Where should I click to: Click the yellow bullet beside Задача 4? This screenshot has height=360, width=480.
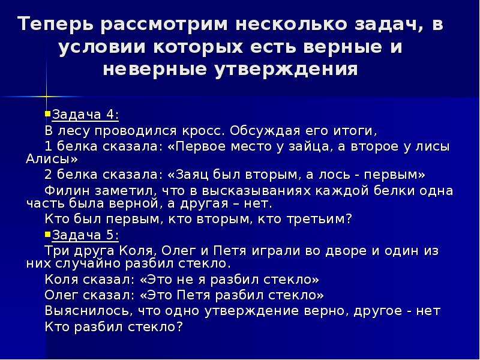coord(47,114)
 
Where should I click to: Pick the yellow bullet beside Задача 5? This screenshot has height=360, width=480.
coord(47,235)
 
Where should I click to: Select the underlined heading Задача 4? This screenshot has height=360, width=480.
coord(85,115)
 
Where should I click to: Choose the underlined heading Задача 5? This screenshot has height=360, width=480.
coord(85,235)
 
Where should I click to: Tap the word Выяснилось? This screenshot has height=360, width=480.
coord(89,311)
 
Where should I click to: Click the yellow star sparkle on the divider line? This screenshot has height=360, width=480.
coord(47,97)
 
